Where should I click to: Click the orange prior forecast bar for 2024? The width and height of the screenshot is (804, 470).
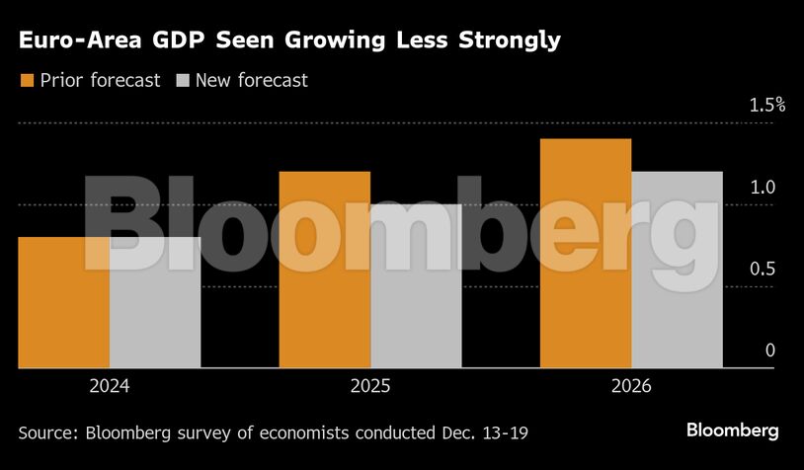coord(64,302)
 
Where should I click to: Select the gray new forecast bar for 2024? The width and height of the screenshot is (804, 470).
coord(155,302)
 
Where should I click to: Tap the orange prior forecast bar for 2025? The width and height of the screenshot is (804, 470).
coord(325,270)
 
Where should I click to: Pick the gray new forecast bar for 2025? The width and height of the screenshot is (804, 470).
coord(416,286)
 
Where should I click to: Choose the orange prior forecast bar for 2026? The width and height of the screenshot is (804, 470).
coord(586,254)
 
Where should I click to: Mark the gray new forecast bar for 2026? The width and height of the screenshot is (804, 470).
coord(677,270)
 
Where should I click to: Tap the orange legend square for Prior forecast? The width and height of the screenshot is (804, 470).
coord(26,81)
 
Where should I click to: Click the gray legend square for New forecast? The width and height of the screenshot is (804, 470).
coord(182,81)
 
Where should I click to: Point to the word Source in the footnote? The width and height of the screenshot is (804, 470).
coord(48,431)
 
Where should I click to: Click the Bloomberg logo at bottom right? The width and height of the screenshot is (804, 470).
coord(733,431)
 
